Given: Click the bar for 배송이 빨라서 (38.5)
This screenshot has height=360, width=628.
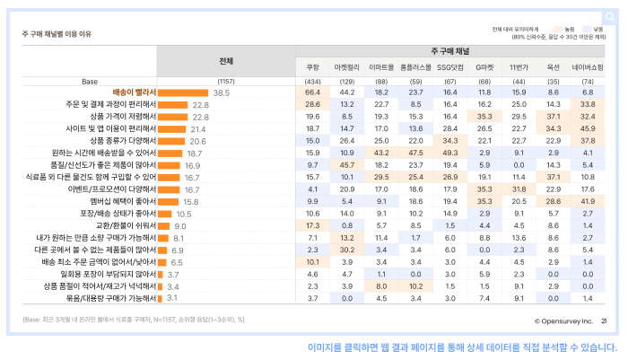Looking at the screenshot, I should coord(184,92).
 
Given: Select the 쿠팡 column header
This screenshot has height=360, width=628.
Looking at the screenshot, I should coord(312,67).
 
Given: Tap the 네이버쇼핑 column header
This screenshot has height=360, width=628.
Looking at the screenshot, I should coord(588,67).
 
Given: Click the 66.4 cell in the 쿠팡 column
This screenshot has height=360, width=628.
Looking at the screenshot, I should coord(312,92).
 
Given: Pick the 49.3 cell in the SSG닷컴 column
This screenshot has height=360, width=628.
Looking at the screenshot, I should coord(450,154).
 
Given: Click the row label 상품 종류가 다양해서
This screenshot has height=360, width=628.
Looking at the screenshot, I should coord(123,141).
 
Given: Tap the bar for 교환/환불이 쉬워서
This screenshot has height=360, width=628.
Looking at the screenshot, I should coord(164,226).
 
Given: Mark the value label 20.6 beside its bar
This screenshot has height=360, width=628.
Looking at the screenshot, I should coord(197,141).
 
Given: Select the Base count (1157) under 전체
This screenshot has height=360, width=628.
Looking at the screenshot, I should coord(226,81).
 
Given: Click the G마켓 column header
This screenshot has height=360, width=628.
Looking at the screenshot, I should coord(484,67).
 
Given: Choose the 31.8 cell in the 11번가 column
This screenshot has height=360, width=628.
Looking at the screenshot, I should coord(519,189).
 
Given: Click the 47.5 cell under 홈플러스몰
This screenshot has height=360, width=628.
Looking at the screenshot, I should coord(415,154).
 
